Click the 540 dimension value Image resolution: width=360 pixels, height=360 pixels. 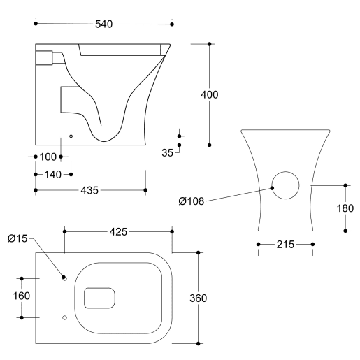(103, 24)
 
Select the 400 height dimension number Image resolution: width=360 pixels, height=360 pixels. (210, 94)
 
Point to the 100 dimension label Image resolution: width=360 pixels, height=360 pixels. (48, 156)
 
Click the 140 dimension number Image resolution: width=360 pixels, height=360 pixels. (52, 173)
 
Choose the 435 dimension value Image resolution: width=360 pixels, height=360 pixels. (89, 189)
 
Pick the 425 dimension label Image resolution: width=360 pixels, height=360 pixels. (117, 231)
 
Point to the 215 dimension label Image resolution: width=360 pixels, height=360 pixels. (285, 244)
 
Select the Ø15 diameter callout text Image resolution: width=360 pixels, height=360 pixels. (19, 238)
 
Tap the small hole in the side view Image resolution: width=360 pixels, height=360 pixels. (71, 134)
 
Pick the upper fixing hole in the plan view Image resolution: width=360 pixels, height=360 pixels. (64, 278)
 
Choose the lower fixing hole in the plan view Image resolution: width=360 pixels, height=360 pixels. (64, 318)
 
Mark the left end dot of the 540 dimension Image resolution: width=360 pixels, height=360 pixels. (35, 24)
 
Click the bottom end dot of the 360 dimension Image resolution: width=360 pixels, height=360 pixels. (199, 343)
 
